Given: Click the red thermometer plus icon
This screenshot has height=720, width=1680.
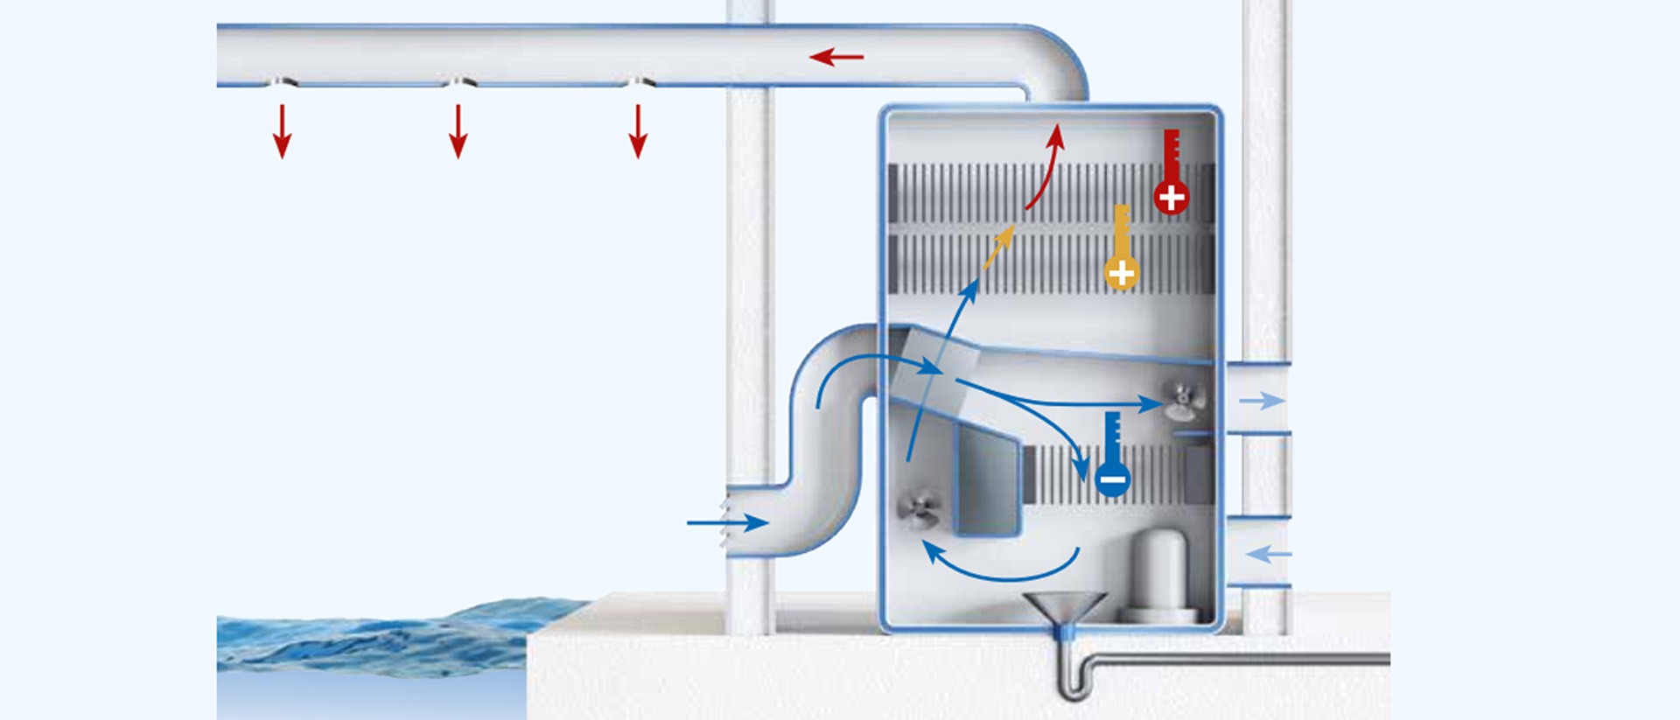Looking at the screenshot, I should point(1171,175).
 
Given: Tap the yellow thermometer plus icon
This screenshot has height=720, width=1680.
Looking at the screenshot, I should point(1121,250).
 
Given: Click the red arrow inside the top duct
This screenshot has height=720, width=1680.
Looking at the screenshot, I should point(836,58).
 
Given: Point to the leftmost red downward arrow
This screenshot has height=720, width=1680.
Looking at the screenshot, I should point(282,131).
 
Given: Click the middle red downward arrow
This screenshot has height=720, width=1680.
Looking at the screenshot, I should point(458,131).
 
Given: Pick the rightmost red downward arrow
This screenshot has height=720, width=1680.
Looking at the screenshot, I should point(638,131).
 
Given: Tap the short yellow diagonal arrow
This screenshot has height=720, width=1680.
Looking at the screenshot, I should point(998,247).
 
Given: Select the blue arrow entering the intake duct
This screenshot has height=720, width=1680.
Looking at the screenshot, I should point(727,523).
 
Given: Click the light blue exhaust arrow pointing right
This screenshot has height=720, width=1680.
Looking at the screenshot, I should point(1262,401).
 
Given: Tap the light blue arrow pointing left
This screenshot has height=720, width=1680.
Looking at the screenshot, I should point(1268,554).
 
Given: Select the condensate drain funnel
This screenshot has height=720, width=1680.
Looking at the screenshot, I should point(1065,607).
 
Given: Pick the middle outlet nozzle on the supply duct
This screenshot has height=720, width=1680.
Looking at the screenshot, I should point(458,82).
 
